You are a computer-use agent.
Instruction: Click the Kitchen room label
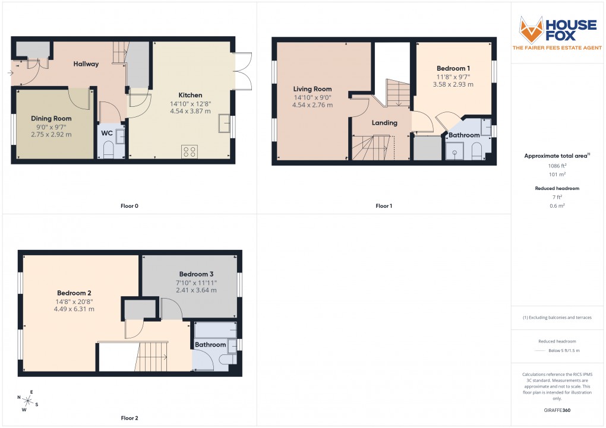tap(190, 95)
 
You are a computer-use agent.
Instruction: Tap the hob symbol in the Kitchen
tap(190, 152)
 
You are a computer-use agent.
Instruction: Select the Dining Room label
tap(51, 119)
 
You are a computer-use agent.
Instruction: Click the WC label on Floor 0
tap(106, 133)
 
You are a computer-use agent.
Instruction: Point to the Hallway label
tap(86, 64)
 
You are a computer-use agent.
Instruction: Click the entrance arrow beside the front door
tap(10, 73)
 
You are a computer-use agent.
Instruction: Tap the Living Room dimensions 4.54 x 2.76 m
tap(312, 105)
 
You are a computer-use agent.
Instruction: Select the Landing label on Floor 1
tap(384, 123)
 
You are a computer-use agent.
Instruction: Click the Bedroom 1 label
tap(453, 68)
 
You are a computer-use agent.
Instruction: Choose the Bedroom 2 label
tap(74, 293)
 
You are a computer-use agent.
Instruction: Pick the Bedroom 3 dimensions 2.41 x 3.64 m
tap(196, 290)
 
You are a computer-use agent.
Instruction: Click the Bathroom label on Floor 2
tap(210, 344)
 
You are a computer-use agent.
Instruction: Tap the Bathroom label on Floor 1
tap(463, 135)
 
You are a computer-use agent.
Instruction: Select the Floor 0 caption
tap(128, 206)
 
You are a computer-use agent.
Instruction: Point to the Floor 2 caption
tap(129, 418)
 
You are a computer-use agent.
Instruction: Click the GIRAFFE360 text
tap(557, 410)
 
